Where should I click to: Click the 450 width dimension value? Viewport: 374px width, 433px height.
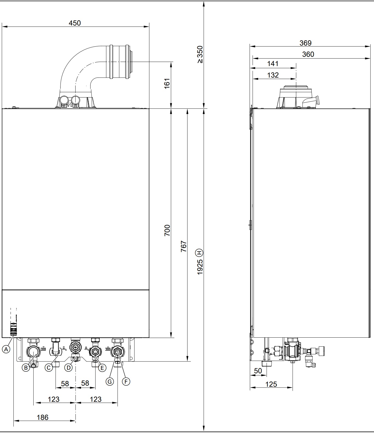click(x=74, y=23)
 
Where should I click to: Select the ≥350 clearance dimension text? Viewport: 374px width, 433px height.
click(x=200, y=55)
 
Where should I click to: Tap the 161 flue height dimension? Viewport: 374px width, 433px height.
click(x=167, y=83)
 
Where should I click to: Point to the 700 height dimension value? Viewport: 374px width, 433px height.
click(x=167, y=230)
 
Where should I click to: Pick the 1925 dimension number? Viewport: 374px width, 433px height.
click(x=200, y=267)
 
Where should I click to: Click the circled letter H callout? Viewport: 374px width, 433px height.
click(x=200, y=252)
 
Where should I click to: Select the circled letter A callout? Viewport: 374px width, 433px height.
click(x=6, y=349)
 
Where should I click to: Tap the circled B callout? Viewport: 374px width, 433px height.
click(x=26, y=368)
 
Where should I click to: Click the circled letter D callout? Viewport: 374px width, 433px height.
click(x=68, y=368)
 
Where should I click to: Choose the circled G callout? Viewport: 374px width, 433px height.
click(x=110, y=381)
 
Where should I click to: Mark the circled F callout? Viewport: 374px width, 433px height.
click(x=126, y=381)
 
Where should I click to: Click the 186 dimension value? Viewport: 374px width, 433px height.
click(x=42, y=417)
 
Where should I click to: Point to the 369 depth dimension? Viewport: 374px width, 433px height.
click(x=305, y=43)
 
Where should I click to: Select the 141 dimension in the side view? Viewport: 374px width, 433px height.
click(x=273, y=64)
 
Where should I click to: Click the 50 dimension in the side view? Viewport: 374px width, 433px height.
click(x=258, y=371)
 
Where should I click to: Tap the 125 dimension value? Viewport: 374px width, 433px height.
click(x=271, y=384)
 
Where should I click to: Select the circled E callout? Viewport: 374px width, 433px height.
click(x=102, y=368)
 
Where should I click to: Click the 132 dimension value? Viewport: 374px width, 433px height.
click(x=273, y=75)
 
